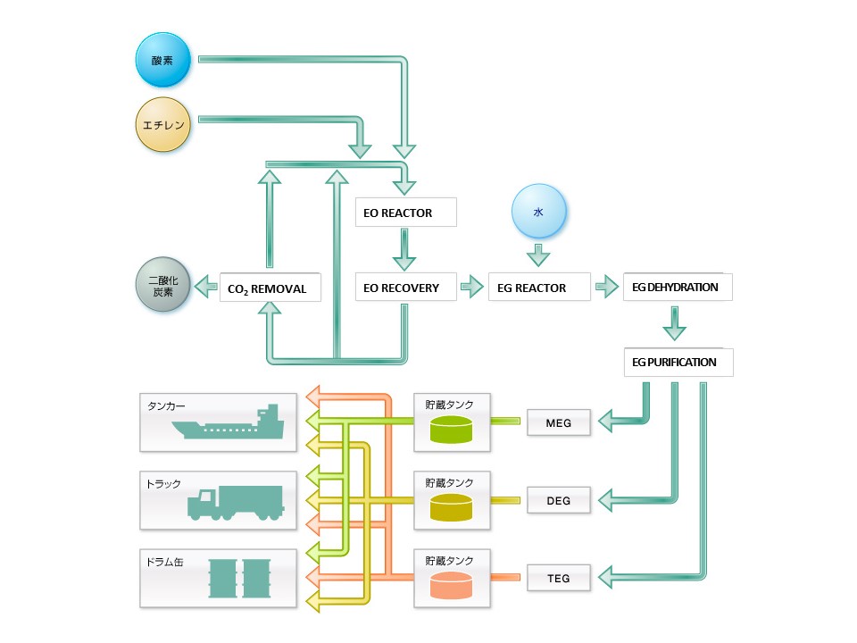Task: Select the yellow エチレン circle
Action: click(x=163, y=125)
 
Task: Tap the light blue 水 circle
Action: click(x=538, y=213)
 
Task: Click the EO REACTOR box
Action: click(x=405, y=213)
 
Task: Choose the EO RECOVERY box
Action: click(x=405, y=288)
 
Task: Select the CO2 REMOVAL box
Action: click(x=270, y=288)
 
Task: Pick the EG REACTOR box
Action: click(x=538, y=288)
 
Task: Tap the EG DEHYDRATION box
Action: click(x=677, y=288)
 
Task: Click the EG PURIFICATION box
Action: click(x=677, y=363)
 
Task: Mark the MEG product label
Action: click(x=558, y=422)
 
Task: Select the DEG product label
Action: click(x=558, y=501)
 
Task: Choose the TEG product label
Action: click(x=558, y=578)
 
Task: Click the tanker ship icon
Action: click(x=229, y=425)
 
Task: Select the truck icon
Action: click(x=235, y=504)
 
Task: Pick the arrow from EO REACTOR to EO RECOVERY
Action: click(x=405, y=249)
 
